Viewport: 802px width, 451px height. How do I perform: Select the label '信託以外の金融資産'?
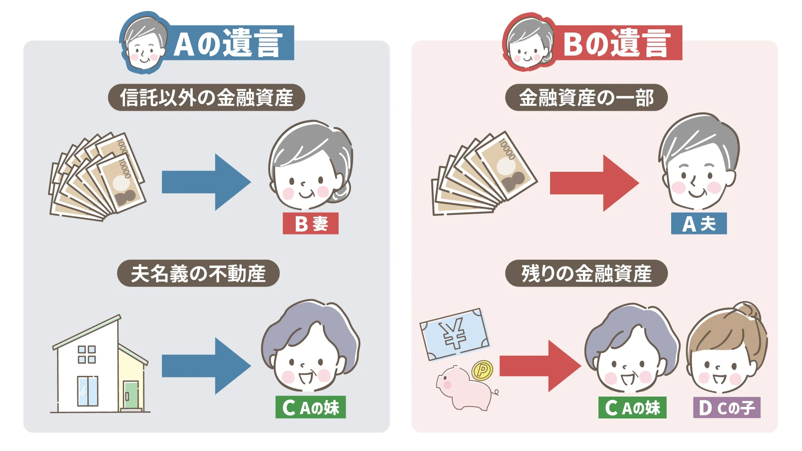point(206,97)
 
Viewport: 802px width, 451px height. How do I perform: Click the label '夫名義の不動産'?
point(198,273)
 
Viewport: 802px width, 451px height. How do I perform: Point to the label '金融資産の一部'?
point(586,97)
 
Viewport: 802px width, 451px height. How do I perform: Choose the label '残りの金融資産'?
point(586,273)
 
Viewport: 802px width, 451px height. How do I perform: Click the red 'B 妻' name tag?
point(310,223)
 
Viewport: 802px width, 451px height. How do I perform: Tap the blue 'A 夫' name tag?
point(699,223)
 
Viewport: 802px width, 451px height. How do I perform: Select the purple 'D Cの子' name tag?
point(727,407)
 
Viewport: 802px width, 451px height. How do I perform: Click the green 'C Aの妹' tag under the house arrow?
point(310,407)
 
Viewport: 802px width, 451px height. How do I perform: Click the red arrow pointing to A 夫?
point(594,183)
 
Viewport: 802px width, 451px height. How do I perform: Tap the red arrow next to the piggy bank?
point(539,366)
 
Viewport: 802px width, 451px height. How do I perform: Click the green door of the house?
point(131,395)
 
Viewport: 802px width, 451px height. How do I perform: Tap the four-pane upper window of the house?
point(87,355)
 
